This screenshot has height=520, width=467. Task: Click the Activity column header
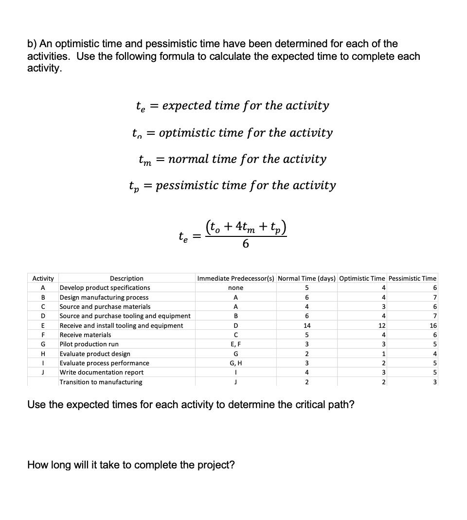[x=43, y=278]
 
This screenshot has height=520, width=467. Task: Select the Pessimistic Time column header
[x=413, y=278]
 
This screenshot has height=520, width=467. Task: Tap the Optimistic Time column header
[x=362, y=278]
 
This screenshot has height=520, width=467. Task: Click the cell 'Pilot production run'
[x=89, y=344]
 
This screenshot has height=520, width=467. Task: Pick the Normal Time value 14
[x=307, y=325]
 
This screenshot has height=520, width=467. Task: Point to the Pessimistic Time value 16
[x=433, y=325]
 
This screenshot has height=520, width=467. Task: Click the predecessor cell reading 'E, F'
[x=235, y=344]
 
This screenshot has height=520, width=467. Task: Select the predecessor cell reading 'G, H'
[x=235, y=363]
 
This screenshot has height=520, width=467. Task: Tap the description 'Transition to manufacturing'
[x=101, y=382]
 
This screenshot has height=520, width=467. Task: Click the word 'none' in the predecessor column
[x=235, y=288]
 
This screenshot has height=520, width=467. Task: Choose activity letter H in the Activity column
[x=43, y=354]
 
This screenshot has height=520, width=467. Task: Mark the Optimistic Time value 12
[x=382, y=325]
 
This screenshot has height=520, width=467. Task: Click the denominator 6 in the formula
[x=246, y=244]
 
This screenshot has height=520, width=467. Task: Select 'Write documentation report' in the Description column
[x=101, y=372]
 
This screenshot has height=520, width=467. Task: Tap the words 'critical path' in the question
[x=320, y=404]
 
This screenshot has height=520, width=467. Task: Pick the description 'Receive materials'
[x=85, y=335]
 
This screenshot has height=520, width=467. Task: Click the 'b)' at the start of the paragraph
[x=32, y=44]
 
